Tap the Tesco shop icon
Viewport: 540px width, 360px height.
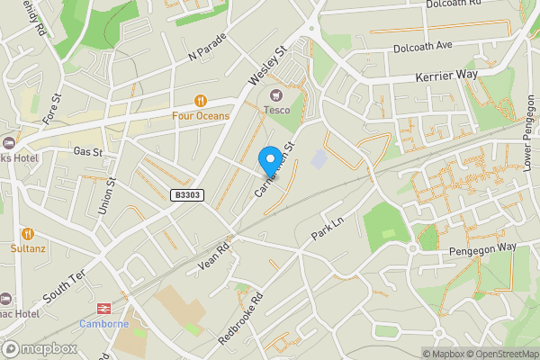276,94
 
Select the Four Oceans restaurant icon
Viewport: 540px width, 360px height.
201,101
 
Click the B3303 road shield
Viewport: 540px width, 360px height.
184,193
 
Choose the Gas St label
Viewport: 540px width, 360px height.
88,152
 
